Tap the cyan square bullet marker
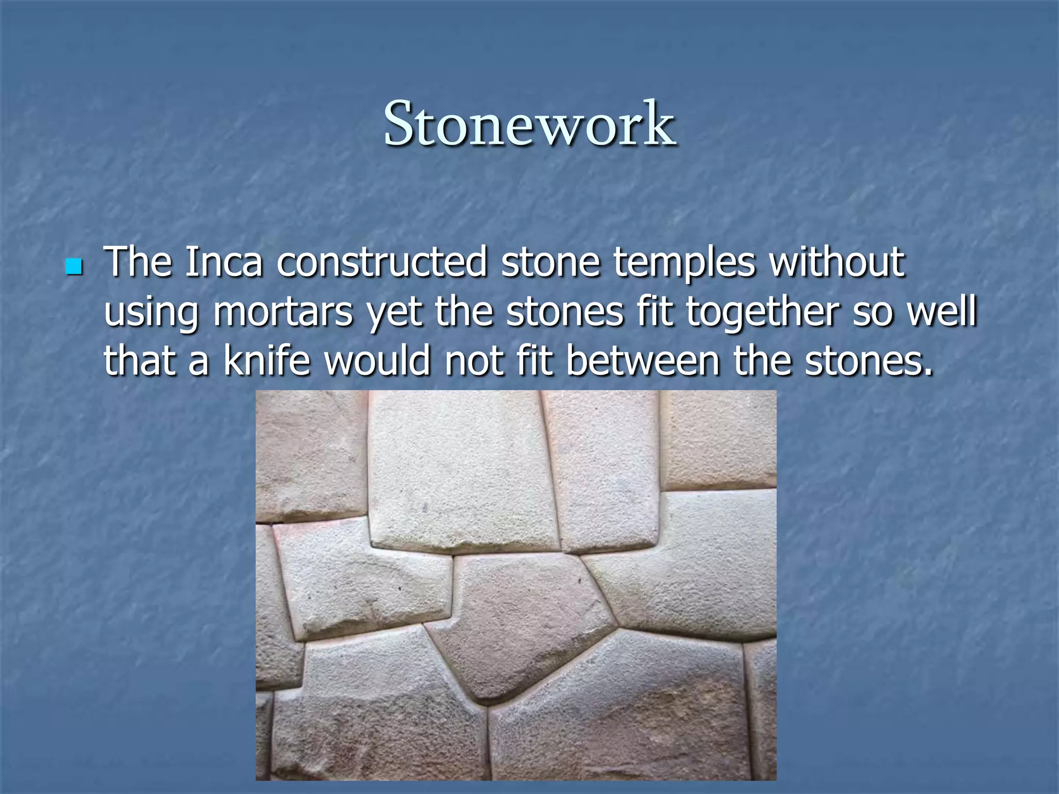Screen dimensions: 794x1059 pos(74,267)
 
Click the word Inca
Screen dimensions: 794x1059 pos(223,263)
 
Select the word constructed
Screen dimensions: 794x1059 pos(382,263)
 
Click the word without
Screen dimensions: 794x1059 pos(837,263)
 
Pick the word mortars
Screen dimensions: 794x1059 pos(283,312)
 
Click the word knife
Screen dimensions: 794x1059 pos(267,360)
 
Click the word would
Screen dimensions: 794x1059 pos(377,360)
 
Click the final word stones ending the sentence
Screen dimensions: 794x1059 pos(869,360)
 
